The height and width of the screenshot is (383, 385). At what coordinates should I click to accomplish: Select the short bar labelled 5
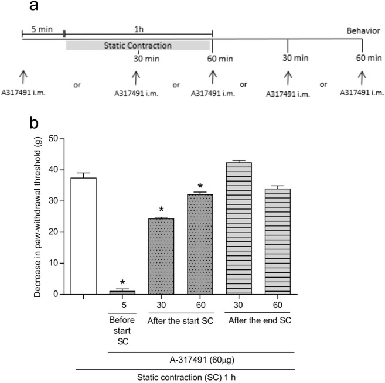coord(122,292)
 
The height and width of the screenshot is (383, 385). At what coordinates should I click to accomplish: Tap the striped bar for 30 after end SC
coord(239,228)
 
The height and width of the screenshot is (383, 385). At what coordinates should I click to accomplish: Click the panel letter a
coord(35,8)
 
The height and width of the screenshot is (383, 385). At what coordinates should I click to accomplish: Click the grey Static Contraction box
coord(138,45)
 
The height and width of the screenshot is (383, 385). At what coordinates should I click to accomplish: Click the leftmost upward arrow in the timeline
coord(23,76)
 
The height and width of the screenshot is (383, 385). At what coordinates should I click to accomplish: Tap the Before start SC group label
coord(122,324)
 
